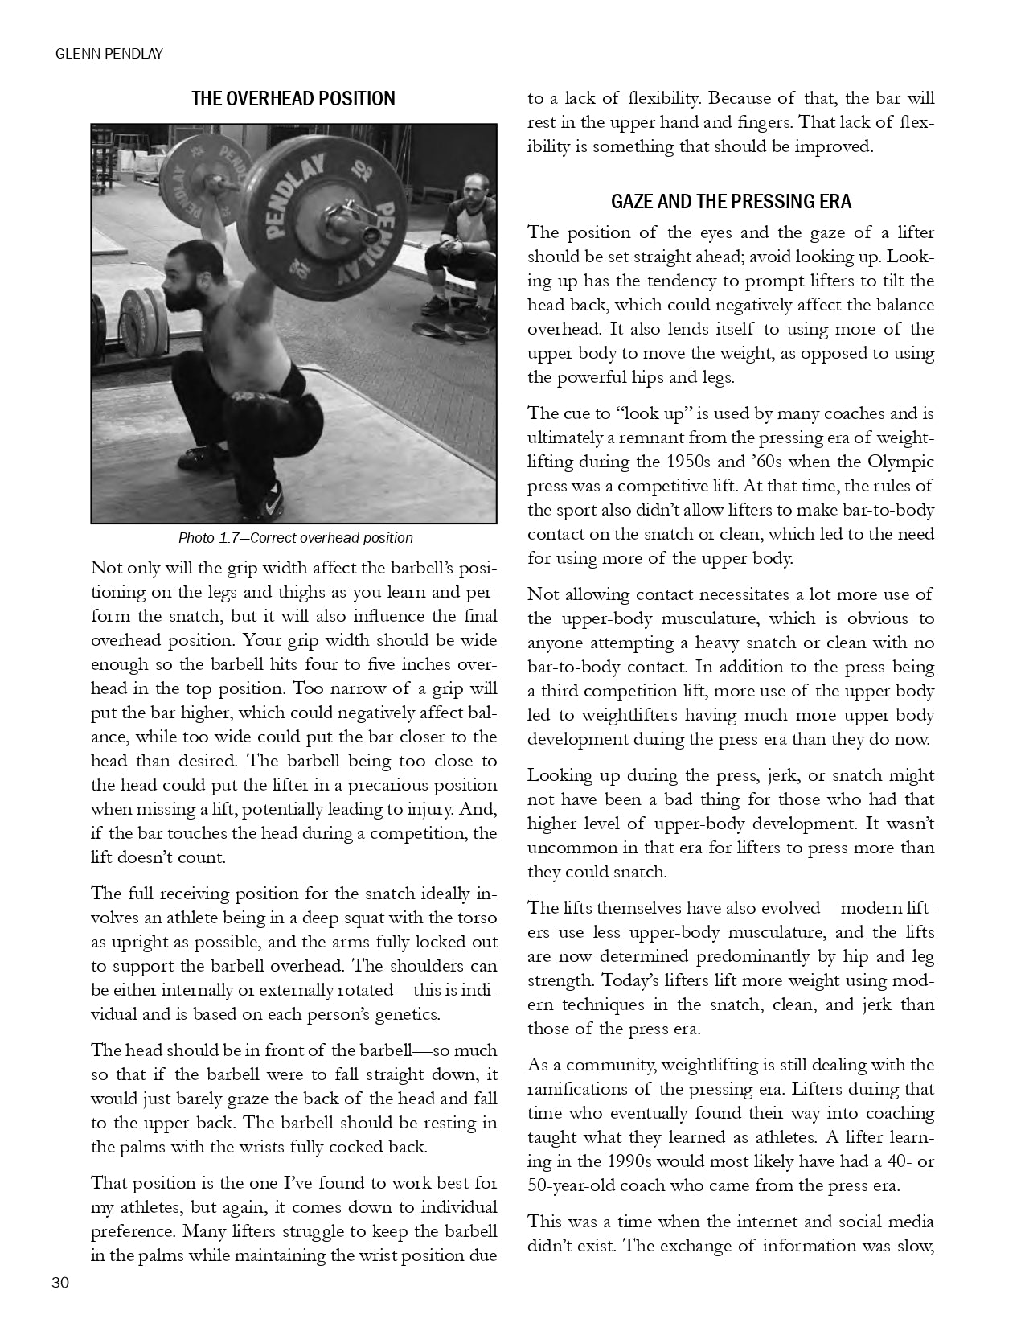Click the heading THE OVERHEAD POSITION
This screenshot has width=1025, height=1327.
pos(293,99)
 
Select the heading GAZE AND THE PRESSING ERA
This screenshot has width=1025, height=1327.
pos(731,201)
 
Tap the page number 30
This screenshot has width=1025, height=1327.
pos(60,1283)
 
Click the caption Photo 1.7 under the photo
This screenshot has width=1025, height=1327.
pos(295,538)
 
